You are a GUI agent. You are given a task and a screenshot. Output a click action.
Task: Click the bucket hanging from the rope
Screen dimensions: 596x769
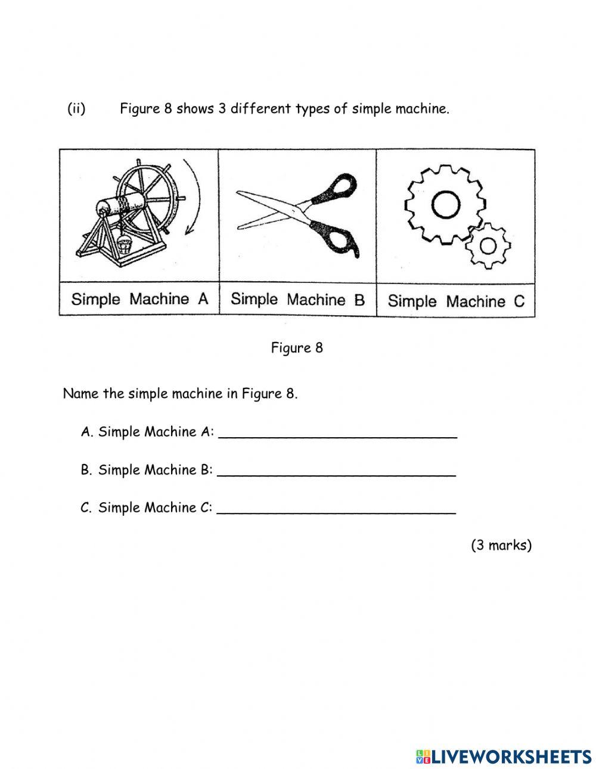pyautogui.click(x=125, y=244)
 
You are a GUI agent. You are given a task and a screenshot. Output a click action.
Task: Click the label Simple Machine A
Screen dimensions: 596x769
pyautogui.click(x=139, y=299)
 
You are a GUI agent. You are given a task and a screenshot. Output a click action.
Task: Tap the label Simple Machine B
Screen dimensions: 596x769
pyautogui.click(x=297, y=299)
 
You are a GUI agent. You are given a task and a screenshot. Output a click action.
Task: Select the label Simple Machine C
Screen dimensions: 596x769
pyautogui.click(x=456, y=301)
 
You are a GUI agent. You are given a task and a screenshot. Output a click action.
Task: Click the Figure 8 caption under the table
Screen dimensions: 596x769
pyautogui.click(x=297, y=348)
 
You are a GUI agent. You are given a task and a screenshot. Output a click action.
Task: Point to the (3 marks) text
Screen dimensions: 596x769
pyautogui.click(x=501, y=545)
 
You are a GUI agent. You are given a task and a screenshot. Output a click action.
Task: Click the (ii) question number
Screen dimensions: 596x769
pyautogui.click(x=76, y=109)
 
